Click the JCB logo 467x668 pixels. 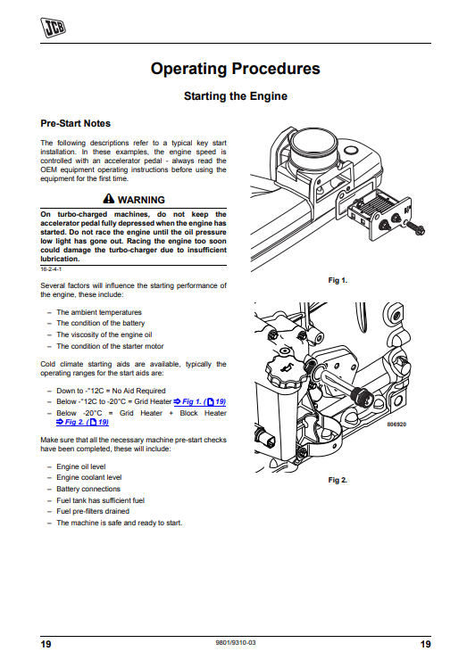[x=53, y=28]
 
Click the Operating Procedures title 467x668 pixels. [x=236, y=69]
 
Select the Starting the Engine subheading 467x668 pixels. [x=236, y=96]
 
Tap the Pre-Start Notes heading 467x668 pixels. [x=76, y=124]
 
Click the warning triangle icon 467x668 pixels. [x=109, y=199]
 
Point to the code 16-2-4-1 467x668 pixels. [x=51, y=269]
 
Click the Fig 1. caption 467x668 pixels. [x=338, y=280]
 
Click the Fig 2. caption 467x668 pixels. [x=338, y=480]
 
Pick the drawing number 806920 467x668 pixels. [x=396, y=425]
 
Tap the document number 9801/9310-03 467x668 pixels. [x=236, y=642]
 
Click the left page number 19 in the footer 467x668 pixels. [x=46, y=644]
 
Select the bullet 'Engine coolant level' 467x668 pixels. [x=89, y=477]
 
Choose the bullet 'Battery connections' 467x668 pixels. [x=88, y=489]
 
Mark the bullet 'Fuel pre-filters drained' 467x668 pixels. [x=93, y=511]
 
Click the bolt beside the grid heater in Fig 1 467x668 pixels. [x=414, y=229]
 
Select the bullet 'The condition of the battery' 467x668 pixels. [x=101, y=324]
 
